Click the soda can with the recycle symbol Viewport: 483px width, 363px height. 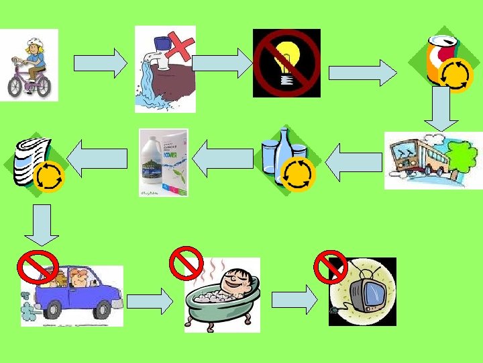(443, 57)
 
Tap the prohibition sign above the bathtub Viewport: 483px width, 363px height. (186, 263)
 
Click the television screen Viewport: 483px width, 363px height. (366, 294)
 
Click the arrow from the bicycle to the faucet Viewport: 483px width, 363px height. (100, 63)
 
